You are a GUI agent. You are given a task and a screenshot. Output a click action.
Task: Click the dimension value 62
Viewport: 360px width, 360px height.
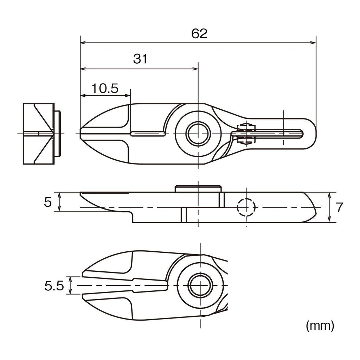click(199, 34)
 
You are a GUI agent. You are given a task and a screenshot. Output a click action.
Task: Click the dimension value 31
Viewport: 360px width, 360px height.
click(140, 59)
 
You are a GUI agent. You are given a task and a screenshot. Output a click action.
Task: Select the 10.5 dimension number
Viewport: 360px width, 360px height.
click(105, 88)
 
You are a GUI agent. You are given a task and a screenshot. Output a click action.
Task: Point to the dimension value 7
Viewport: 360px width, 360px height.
click(339, 207)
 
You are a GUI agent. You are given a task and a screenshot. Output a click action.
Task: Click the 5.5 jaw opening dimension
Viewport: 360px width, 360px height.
click(54, 286)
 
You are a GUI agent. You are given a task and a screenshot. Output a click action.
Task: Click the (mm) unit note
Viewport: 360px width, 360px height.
click(320, 326)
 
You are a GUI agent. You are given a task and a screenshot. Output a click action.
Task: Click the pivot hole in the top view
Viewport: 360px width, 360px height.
click(198, 134)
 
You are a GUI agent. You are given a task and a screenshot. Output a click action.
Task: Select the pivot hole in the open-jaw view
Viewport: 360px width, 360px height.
click(199, 285)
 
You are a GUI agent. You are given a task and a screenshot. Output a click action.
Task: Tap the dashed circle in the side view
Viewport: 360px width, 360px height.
click(246, 207)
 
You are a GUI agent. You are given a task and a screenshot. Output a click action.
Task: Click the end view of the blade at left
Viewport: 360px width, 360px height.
click(38, 134)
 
